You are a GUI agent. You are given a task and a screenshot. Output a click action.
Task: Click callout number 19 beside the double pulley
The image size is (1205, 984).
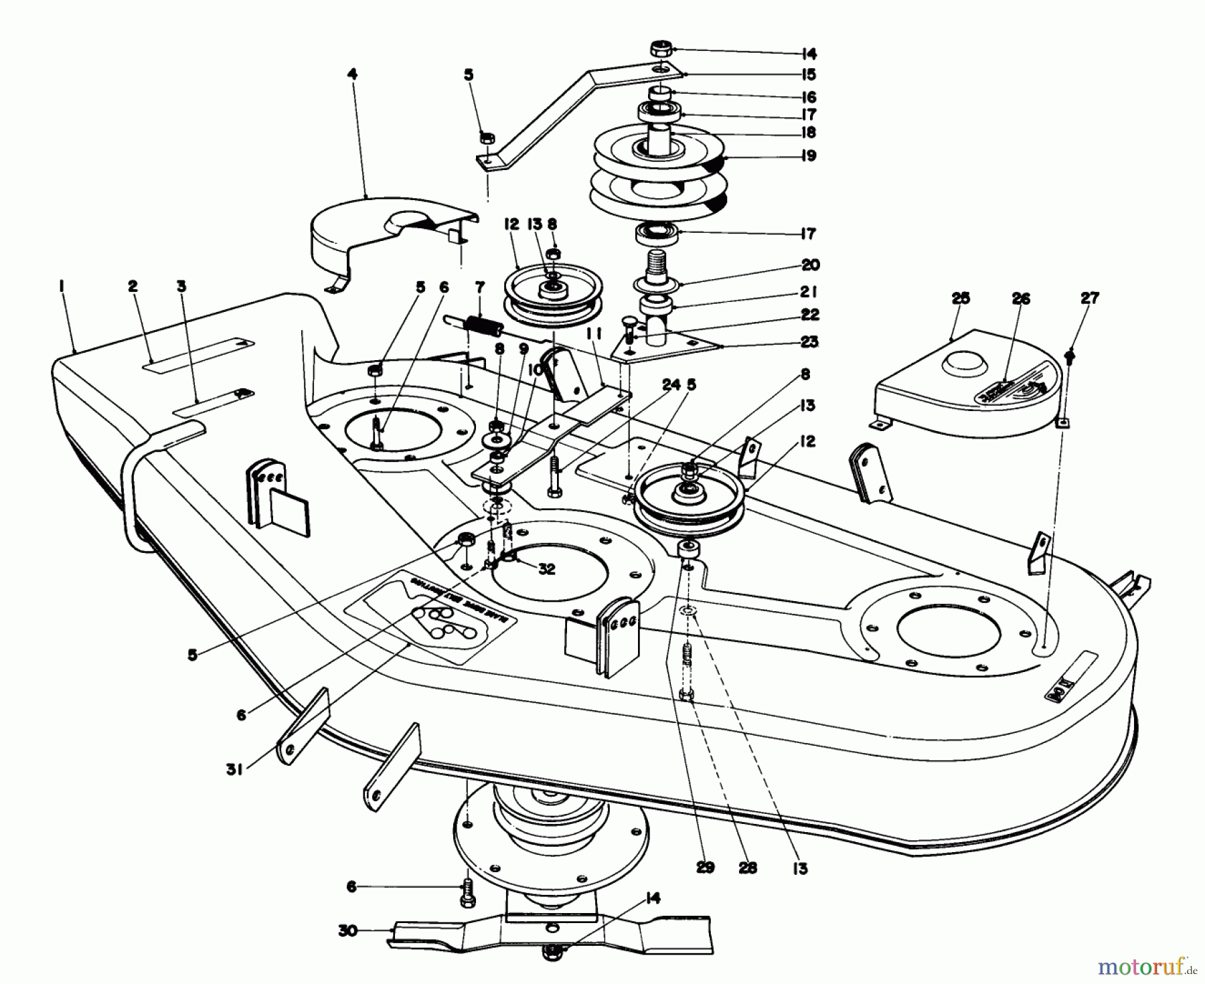click(x=808, y=156)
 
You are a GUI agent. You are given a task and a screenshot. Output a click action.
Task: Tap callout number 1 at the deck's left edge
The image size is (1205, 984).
click(x=61, y=286)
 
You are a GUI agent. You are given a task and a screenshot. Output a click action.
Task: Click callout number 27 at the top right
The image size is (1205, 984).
click(x=1090, y=299)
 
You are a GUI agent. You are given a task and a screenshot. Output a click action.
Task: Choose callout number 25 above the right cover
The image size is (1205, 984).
click(x=960, y=299)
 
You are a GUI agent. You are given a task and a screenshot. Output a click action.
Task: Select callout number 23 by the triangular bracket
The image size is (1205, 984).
click(x=809, y=342)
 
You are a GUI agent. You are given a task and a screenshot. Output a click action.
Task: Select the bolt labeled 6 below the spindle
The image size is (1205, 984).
click(x=467, y=892)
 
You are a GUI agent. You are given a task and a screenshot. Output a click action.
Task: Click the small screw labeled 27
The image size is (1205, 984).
click(x=1068, y=353)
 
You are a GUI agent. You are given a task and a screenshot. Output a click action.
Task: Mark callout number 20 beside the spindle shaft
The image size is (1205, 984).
click(x=809, y=265)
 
